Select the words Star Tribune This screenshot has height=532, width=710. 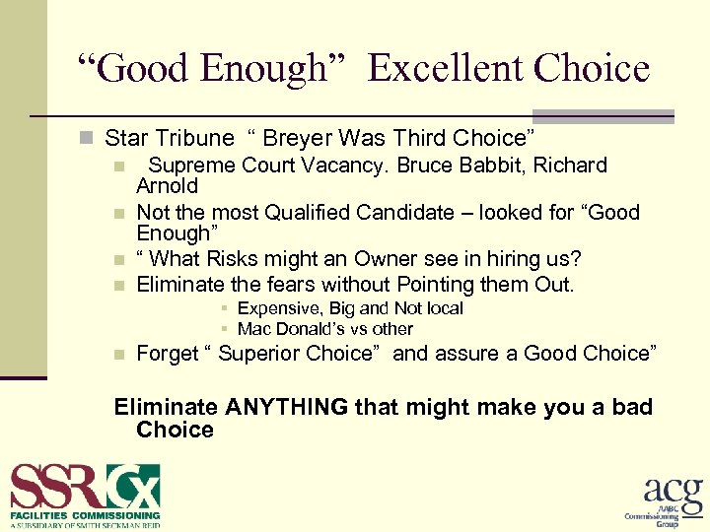pyautogui.click(x=170, y=138)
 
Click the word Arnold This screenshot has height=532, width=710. pyautogui.click(x=167, y=186)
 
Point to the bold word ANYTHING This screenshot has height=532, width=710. pyautogui.click(x=286, y=407)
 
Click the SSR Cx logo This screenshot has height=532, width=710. pyautogui.click(x=85, y=486)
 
